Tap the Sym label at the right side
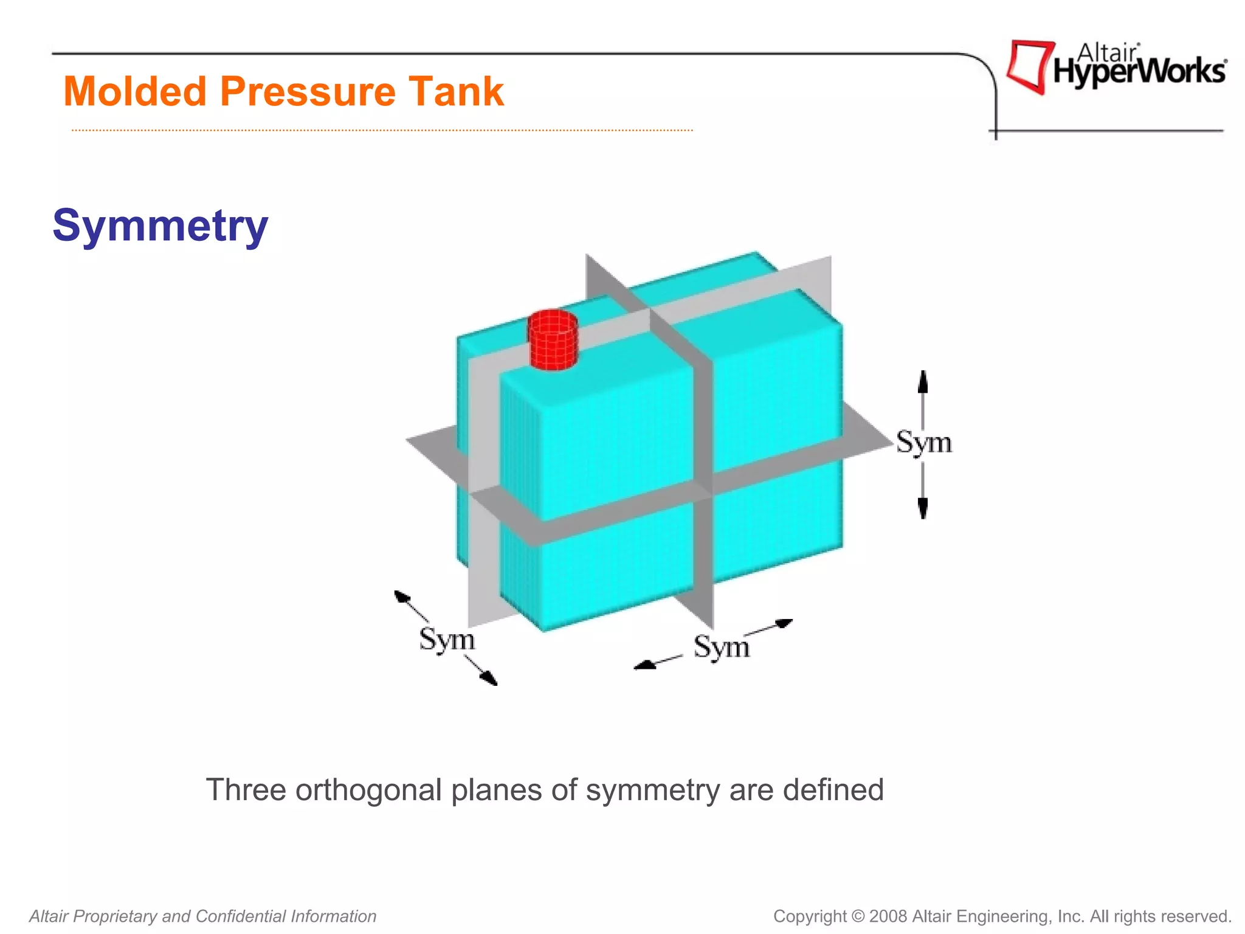923,443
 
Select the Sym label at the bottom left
447,640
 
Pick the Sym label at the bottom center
722,647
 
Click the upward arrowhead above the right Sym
923,381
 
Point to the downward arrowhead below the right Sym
923,508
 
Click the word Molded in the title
135,92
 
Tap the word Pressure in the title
306,92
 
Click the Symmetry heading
160,226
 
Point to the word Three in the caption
246,790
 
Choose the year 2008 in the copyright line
888,916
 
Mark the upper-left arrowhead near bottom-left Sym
401,596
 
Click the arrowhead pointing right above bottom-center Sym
785,623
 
